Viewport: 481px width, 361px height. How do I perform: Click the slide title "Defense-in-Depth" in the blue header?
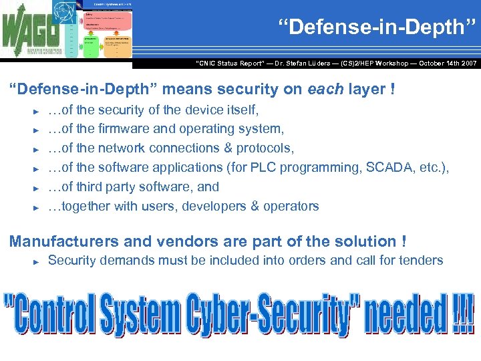point(377,27)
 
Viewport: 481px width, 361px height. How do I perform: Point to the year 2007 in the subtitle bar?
point(466,63)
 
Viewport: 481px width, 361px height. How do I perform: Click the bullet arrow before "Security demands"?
point(37,261)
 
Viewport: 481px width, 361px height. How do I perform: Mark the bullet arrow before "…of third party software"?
point(37,188)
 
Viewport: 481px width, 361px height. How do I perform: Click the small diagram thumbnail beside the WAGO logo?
point(100,31)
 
